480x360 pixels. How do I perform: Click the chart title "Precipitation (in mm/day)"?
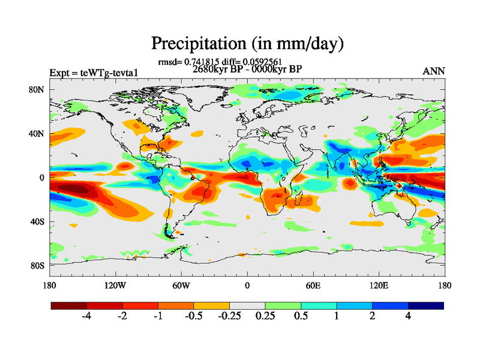coord(247,44)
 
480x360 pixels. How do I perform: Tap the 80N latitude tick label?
coord(37,90)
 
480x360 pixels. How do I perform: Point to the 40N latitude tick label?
coord(37,134)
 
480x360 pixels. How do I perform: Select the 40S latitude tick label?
coord(37,221)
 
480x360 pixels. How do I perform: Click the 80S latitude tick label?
coord(37,265)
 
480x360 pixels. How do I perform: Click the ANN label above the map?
coord(434,71)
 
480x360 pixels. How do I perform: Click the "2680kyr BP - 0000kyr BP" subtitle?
coord(247,69)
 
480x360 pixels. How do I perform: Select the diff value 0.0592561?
coord(262,61)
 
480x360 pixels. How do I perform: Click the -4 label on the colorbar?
coord(86,317)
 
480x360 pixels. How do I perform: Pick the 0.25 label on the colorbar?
coord(265,317)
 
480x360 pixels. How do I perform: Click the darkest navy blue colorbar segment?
coord(425,305)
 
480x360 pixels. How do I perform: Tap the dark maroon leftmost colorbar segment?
coord(69,305)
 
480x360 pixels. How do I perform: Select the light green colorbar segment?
coord(283,305)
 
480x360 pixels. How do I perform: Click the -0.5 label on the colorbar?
coord(193,317)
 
